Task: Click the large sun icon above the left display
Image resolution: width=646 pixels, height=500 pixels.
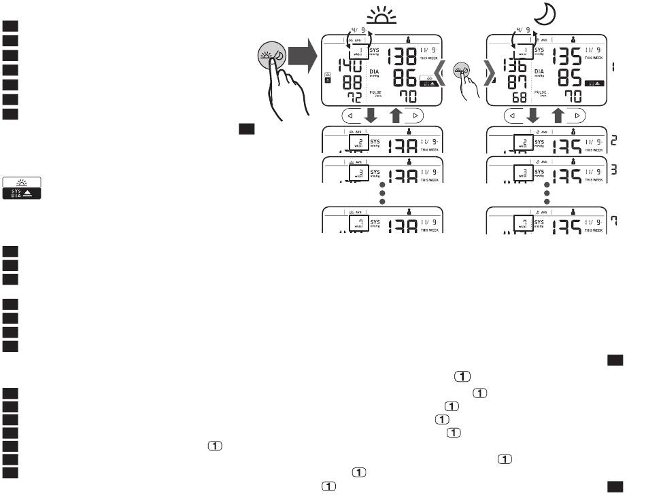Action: click(383, 17)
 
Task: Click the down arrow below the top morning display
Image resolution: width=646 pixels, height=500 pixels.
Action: click(371, 115)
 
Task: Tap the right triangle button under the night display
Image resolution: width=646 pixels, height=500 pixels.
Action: click(577, 116)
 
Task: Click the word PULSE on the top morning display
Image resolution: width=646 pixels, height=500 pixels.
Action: click(376, 92)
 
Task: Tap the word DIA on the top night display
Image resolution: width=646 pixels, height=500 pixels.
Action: click(540, 71)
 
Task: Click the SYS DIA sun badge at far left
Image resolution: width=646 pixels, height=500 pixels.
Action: click(22, 187)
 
